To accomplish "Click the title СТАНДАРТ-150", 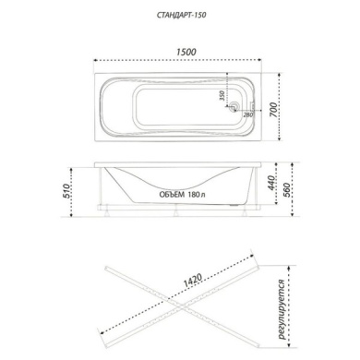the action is tap(181, 15).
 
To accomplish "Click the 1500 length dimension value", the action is tap(186, 52).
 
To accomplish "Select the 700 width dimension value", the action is tap(274, 109).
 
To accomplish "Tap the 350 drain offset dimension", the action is tap(222, 96).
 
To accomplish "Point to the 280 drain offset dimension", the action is tap(248, 115).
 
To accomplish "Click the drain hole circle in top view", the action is tap(234, 106).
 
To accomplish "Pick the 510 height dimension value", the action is tap(66, 191).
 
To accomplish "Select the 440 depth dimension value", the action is tap(270, 183).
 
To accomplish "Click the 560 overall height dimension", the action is tap(287, 190).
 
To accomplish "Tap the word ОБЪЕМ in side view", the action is tap(172, 195).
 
